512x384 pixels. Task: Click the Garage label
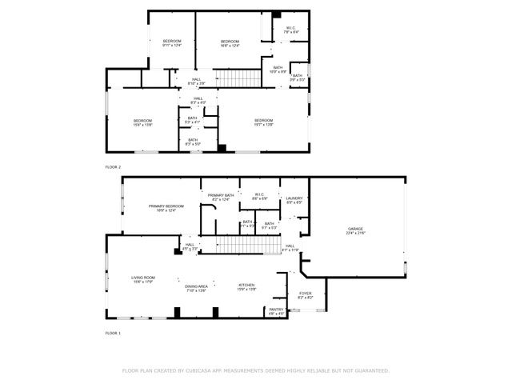pos(354,230)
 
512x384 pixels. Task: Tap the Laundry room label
pos(294,200)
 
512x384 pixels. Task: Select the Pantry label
pos(276,311)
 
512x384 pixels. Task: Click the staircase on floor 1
pos(240,246)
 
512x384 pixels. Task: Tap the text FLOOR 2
pos(113,166)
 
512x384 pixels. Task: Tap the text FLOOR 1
pos(113,332)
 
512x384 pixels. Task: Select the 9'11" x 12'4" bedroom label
pos(173,43)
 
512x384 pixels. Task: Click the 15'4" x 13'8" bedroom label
pos(143,122)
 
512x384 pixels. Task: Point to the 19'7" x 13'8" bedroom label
pos(263,122)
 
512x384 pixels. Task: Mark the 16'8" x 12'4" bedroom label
pos(230,43)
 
